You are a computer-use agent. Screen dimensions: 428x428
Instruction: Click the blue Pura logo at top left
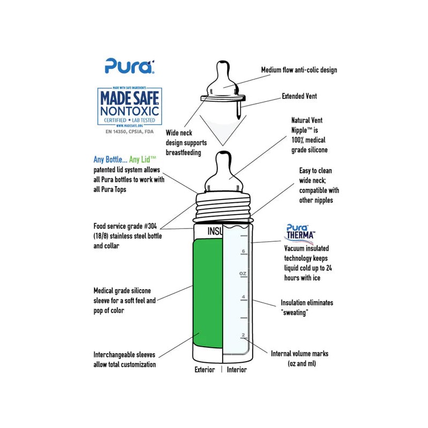click(129, 66)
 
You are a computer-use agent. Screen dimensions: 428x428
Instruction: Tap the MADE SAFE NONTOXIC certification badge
click(129, 106)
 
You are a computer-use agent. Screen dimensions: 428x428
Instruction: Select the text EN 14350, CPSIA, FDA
click(129, 132)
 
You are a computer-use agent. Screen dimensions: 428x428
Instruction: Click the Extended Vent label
click(300, 96)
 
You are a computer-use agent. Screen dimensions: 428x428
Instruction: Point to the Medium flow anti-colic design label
click(299, 70)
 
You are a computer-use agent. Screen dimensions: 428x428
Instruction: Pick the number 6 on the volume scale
click(243, 251)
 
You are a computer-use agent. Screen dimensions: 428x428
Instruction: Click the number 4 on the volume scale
click(243, 297)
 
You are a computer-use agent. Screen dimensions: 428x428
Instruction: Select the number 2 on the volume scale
click(243, 335)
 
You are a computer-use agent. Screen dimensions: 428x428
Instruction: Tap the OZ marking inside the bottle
click(243, 273)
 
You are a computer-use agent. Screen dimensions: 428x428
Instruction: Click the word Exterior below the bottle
click(205, 370)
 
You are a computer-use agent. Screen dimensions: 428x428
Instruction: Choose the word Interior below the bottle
click(236, 370)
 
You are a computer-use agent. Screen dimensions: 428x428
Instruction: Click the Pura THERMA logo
click(300, 232)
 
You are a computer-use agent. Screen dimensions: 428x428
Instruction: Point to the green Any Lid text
click(142, 159)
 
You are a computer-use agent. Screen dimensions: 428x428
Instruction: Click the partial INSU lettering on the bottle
click(215, 231)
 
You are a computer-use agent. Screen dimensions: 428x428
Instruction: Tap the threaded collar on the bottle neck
click(223, 207)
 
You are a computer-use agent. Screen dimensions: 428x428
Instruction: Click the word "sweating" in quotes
click(295, 312)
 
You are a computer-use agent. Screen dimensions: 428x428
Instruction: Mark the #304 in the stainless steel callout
click(150, 226)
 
